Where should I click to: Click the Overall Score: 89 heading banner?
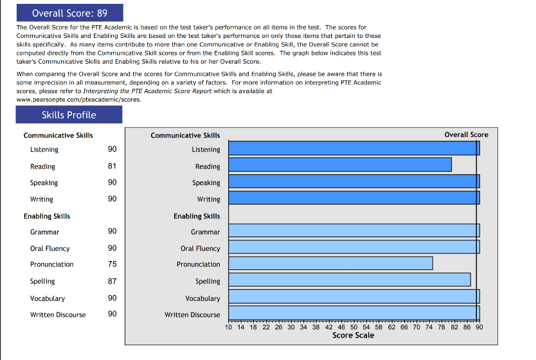tap(69, 13)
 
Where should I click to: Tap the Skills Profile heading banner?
tap(69, 115)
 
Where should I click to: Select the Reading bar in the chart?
tap(340, 165)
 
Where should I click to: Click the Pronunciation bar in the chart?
tap(330, 263)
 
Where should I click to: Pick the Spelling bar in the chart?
tap(350, 280)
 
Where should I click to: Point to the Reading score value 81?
tap(112, 166)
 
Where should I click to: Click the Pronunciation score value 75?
tap(112, 264)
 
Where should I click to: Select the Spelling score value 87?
tap(112, 281)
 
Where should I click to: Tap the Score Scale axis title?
tap(353, 335)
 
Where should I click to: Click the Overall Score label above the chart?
tap(466, 134)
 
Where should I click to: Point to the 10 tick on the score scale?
tap(229, 327)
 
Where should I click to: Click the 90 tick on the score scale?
tap(479, 327)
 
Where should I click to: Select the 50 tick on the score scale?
tap(354, 327)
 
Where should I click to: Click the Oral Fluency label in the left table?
tap(49, 248)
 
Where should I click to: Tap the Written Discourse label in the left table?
tap(58, 314)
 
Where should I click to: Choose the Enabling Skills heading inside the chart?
tap(197, 216)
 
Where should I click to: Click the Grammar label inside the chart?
tap(205, 231)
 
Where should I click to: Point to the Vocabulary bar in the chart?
tap(354, 296)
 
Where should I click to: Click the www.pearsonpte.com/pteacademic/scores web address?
tap(69, 100)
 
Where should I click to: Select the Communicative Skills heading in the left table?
tap(58, 135)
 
